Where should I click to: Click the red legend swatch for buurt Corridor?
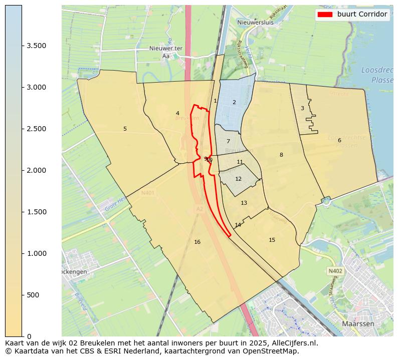pos(325,15)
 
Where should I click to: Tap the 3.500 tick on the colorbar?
pos(37,46)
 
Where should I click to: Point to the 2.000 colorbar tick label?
pos(37,170)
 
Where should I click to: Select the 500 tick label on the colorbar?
pos(33,295)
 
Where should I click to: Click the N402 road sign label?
pos(335,271)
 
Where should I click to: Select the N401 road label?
pos(148,192)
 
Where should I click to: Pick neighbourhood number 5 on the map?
pos(125,129)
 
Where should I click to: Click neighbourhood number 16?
pos(197,242)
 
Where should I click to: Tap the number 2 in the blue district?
pos(234,103)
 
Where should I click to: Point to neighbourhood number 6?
pos(339,141)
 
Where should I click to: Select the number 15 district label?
pos(272,240)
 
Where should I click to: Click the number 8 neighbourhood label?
pos(281,155)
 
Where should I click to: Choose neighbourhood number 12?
pos(238,179)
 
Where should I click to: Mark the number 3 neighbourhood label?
pos(302,109)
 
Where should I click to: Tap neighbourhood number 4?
pos(177,114)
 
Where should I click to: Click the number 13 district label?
pos(244,203)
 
